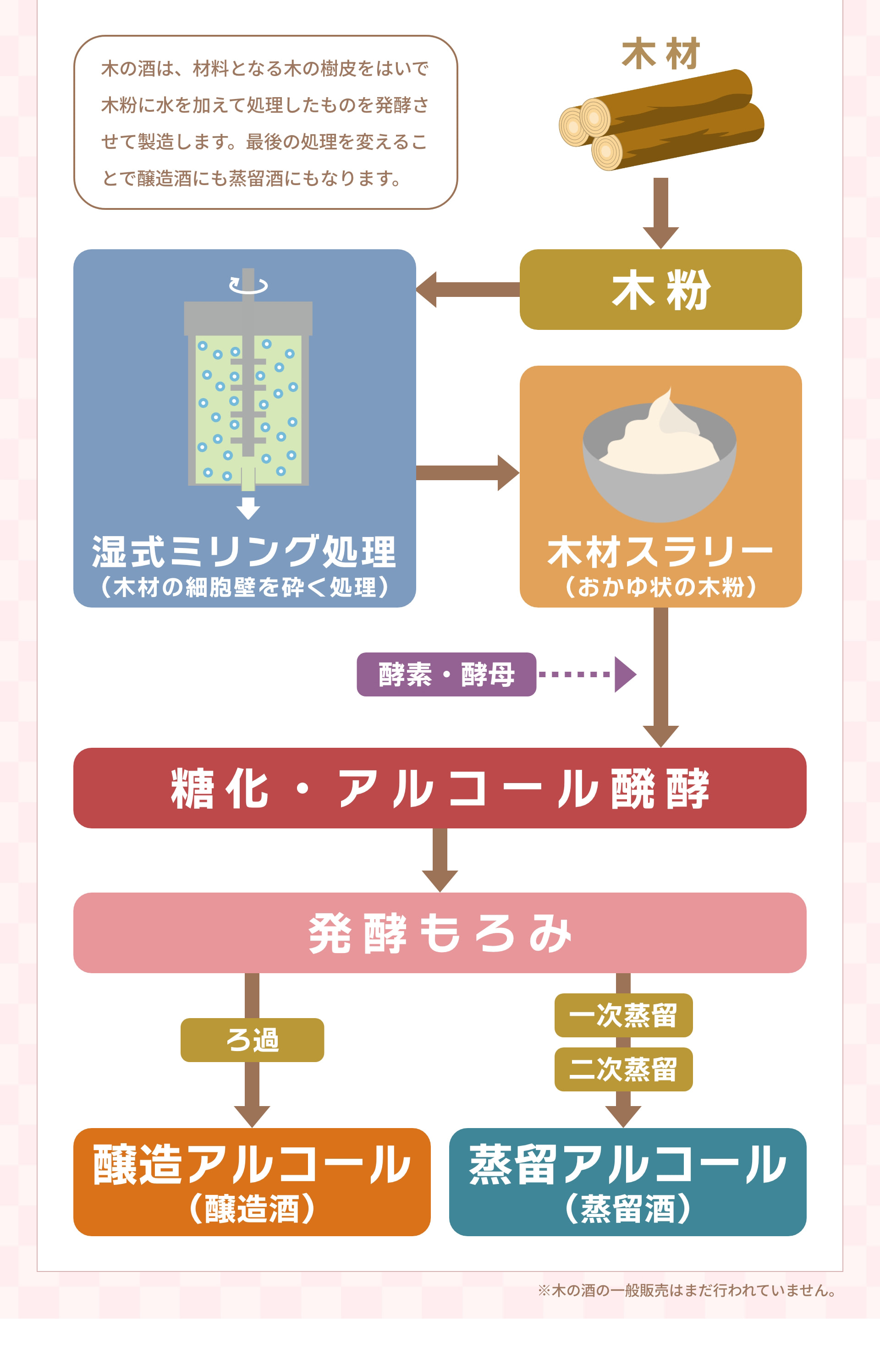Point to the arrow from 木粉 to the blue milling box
pos(467,290)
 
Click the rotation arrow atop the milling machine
pos(248,285)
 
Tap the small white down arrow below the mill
pos(248,508)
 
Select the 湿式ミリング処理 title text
pos(244,552)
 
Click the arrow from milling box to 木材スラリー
pos(467,472)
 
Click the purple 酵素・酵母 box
pos(446,674)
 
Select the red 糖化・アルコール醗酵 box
pos(440,788)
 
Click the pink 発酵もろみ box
pos(440,932)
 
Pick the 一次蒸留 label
pos(623,1015)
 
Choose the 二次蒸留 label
pos(623,1069)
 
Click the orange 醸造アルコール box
pos(252,1182)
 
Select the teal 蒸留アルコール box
pos(627,1182)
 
